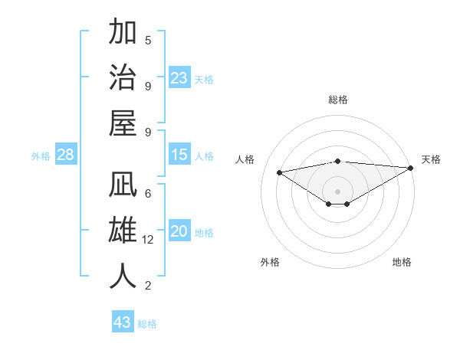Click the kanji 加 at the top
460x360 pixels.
click(123, 34)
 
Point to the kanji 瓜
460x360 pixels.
click(123, 187)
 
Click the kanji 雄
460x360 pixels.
click(123, 231)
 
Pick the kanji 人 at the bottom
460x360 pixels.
click(123, 276)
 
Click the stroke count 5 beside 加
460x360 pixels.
click(148, 40)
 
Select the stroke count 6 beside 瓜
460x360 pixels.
click(148, 193)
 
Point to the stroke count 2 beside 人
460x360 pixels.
click(148, 286)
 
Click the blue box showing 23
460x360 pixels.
click(179, 78)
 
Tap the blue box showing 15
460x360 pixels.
click(179, 155)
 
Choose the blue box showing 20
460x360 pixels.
click(179, 232)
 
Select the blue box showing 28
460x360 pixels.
click(66, 155)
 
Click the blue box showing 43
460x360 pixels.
click(123, 322)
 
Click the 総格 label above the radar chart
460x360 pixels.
click(338, 100)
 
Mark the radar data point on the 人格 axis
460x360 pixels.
click(280, 172)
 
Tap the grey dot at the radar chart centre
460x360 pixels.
click(338, 190)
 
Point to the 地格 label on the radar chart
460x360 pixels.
click(402, 262)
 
